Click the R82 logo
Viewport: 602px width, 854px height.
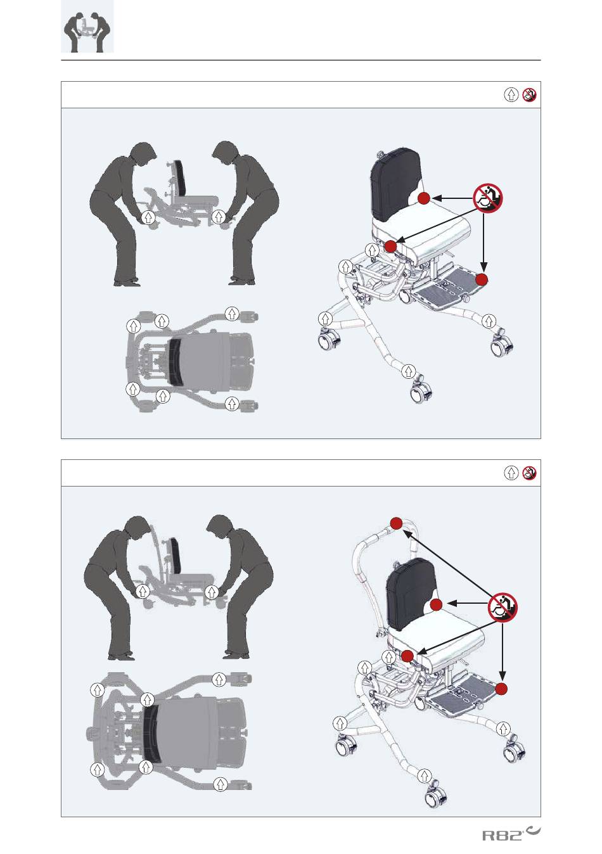pos(511,834)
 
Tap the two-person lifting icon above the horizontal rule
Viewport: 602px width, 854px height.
pos(87,27)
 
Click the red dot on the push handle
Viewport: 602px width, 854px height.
pos(397,523)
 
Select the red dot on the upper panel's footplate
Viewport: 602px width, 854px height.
pos(482,279)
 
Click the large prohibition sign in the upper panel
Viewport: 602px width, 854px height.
pos(488,198)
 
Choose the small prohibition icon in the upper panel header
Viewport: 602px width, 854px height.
pos(530,94)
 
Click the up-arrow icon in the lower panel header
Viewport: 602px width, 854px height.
pos(511,473)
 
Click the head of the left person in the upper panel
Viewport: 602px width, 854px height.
pos(143,155)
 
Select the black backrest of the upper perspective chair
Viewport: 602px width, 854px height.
pos(395,183)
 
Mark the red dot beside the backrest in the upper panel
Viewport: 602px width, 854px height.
pos(424,198)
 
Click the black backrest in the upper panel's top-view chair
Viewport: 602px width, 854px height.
pos(175,360)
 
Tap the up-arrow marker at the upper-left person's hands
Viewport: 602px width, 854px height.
pos(148,218)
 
